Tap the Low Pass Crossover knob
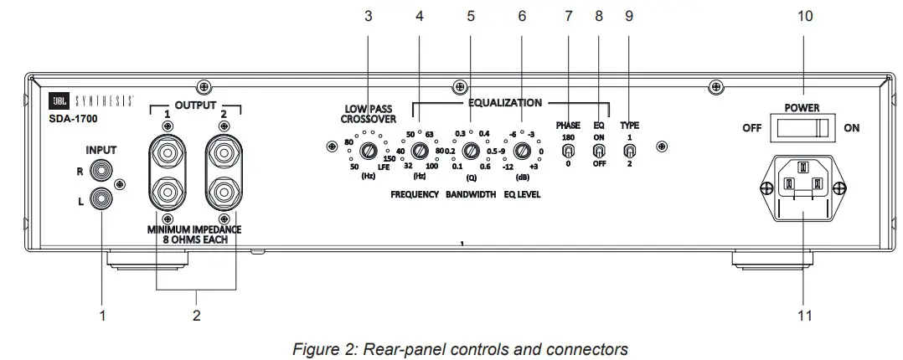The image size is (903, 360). tap(368, 152)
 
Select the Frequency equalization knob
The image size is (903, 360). tap(416, 152)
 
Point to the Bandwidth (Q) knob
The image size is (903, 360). tap(471, 152)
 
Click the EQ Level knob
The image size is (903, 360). tap(522, 152)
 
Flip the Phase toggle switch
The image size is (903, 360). tap(568, 152)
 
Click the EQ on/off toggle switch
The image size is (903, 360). tap(599, 152)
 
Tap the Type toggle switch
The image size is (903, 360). tap(629, 152)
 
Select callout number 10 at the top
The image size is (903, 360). tap(805, 16)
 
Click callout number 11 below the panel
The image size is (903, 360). tap(805, 316)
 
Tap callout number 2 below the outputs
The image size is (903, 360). tap(196, 316)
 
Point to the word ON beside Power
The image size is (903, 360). tap(851, 129)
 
